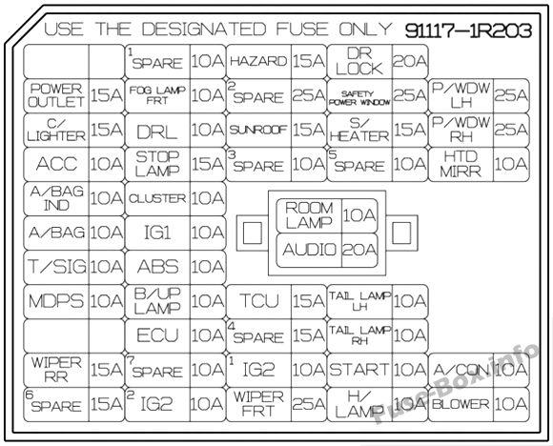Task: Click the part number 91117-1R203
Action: coord(468,30)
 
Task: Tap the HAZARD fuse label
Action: coord(258,61)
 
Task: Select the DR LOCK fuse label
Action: coord(359,61)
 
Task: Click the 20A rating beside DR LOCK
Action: coord(410,61)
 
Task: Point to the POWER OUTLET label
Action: coord(56,95)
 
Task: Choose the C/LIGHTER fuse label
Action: coord(56,130)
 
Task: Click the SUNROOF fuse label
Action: coord(258,131)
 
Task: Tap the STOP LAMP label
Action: coord(157,164)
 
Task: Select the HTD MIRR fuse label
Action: coord(461,164)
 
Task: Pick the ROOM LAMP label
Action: coord(309,215)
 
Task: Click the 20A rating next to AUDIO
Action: coord(359,250)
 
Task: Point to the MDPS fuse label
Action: coord(56,301)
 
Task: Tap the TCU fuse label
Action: coord(258,301)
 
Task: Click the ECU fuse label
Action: coord(157,335)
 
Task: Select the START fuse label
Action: coord(359,370)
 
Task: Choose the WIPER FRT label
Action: coord(258,404)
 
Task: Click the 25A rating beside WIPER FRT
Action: coord(309,404)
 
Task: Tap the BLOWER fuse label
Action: coord(461,404)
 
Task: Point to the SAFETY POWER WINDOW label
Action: coord(359,98)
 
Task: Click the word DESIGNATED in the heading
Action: coord(204,30)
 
